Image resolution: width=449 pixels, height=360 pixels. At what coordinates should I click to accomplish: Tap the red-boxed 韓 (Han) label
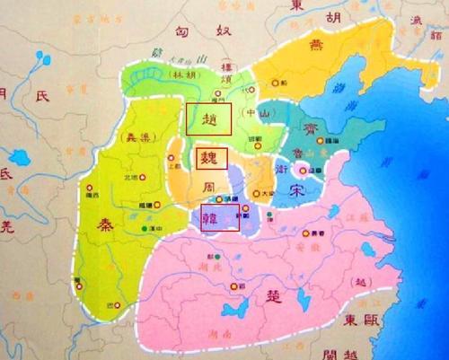219,217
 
